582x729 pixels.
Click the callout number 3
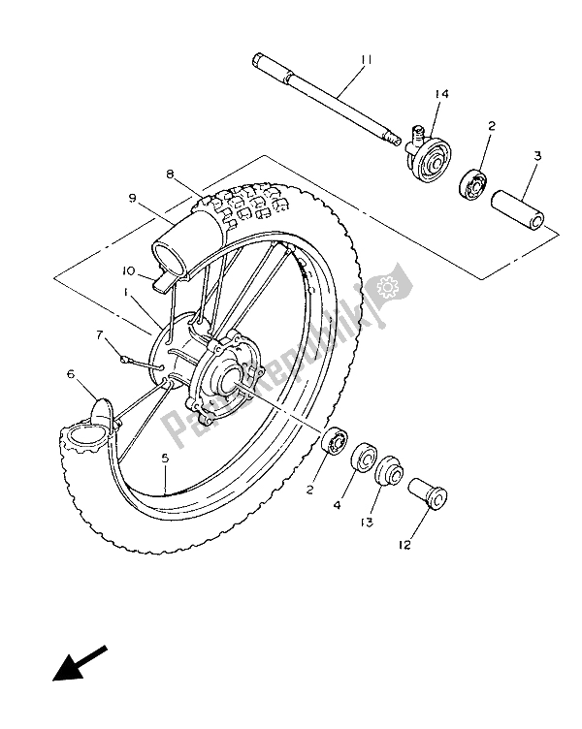coord(535,155)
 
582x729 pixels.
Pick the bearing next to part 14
coord(478,183)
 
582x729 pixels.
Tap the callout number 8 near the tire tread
coord(170,174)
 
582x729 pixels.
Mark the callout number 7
coord(99,334)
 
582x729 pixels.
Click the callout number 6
coord(71,373)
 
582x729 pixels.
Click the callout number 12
coord(404,545)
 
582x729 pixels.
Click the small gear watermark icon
coord(389,287)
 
